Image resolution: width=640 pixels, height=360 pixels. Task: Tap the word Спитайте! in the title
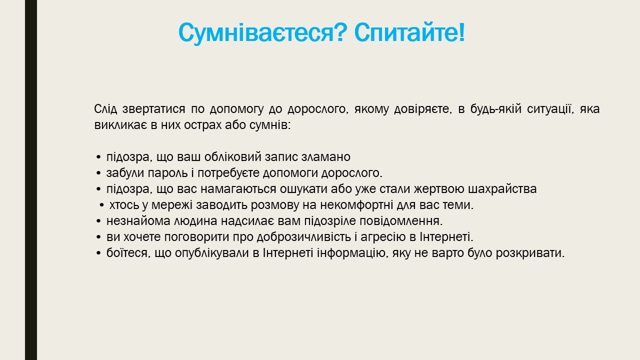pyautogui.click(x=409, y=32)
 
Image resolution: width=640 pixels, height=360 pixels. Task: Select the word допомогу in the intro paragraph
pyautogui.click(x=236, y=109)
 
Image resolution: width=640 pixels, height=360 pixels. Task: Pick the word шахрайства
pyautogui.click(x=502, y=189)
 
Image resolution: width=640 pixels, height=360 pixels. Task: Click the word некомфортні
pyautogui.click(x=368, y=205)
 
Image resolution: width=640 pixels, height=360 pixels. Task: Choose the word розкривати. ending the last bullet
pyautogui.click(x=530, y=253)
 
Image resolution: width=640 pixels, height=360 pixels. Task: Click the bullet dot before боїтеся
pyautogui.click(x=98, y=253)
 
